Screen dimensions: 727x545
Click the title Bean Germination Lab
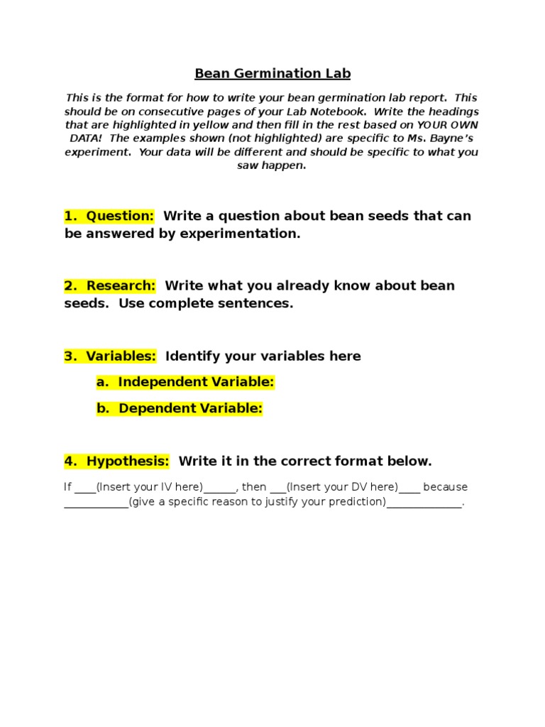(272, 74)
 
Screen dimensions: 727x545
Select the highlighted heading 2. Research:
(110, 285)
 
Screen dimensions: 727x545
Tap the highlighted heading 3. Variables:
(110, 356)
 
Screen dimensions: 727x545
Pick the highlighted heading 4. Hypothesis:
(117, 461)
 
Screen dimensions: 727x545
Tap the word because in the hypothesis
(446, 487)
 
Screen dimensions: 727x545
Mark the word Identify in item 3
(193, 356)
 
